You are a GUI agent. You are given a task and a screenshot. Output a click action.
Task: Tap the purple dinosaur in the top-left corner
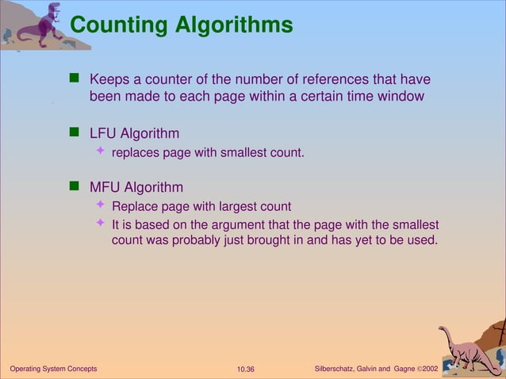point(39,25)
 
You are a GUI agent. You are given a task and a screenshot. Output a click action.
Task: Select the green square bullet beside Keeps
point(75,78)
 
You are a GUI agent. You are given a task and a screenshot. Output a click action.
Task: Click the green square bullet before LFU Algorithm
point(75,132)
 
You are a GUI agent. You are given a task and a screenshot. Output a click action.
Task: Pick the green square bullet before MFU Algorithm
point(75,187)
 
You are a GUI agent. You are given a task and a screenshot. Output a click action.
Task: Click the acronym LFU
point(102,132)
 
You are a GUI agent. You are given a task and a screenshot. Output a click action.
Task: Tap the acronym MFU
point(104,188)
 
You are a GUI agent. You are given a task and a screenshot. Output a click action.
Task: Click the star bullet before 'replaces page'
point(100,151)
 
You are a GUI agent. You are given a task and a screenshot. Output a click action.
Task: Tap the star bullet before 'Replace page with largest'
point(100,206)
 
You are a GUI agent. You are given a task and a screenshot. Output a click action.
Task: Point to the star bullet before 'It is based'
point(100,223)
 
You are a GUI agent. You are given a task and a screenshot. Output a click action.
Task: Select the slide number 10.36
point(246,369)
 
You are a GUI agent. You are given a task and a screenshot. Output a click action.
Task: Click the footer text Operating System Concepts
point(52,369)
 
